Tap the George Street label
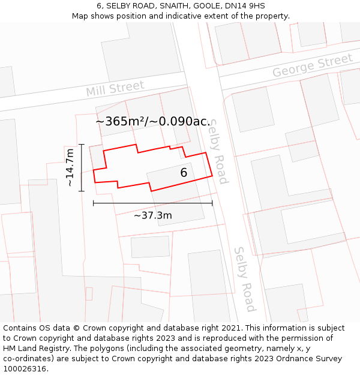pos(312,66)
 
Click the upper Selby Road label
pos(218,151)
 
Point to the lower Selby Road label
pos(245,279)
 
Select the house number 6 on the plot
pos(184,173)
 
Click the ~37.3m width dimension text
pos(152,215)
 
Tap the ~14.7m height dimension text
pos(70,167)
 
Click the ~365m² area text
pos(120,121)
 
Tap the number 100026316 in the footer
pos(23,369)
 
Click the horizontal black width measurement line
pos(152,203)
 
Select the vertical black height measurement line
pos(82,167)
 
